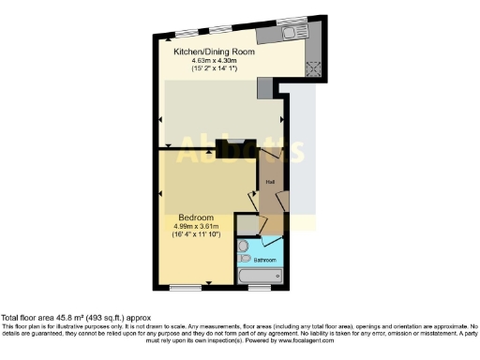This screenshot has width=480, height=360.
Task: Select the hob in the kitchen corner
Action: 312,67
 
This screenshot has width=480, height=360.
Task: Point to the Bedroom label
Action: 194,217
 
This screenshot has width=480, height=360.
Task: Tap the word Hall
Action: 269,180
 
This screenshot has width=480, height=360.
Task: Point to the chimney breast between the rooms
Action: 230,148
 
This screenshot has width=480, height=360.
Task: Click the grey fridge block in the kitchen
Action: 265,87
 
